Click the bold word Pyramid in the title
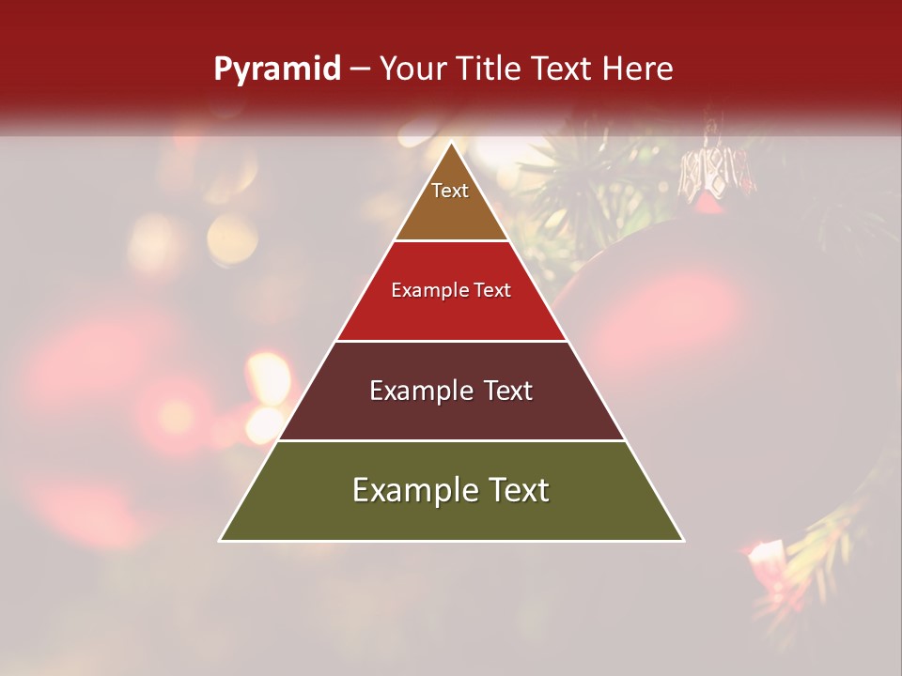(277, 69)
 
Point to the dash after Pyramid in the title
(359, 69)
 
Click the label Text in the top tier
(450, 191)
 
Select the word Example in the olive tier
(410, 490)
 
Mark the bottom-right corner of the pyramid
(682, 540)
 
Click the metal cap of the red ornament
(717, 175)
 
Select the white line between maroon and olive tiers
(451, 440)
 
